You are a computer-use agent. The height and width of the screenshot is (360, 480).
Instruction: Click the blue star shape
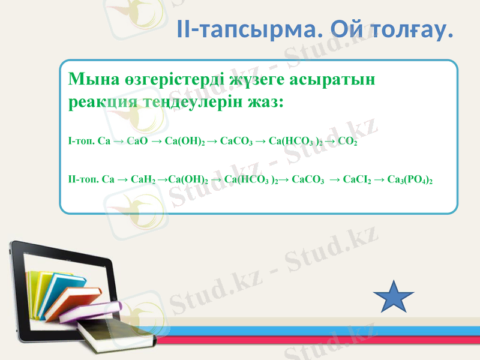pyautogui.click(x=394, y=296)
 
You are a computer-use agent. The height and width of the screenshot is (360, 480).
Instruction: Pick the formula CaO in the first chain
pyautogui.click(x=137, y=142)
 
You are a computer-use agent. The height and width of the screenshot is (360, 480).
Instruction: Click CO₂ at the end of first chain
pyautogui.click(x=347, y=142)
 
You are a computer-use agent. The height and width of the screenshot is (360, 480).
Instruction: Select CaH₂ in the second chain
pyautogui.click(x=143, y=179)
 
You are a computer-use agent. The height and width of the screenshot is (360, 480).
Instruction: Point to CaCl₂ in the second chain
pyautogui.click(x=356, y=179)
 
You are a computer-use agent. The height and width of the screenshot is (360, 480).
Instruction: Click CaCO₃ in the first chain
pyautogui.click(x=235, y=142)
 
